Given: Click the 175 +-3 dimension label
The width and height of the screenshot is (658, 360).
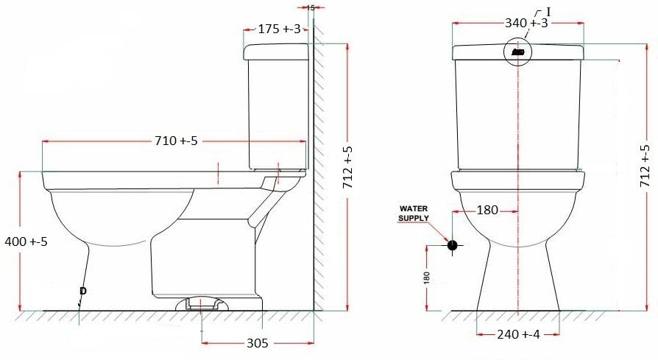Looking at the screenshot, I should pyautogui.click(x=280, y=29).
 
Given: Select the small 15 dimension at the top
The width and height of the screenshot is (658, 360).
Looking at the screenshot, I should pyautogui.click(x=310, y=7).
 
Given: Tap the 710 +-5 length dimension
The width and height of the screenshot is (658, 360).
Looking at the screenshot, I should pyautogui.click(x=176, y=140).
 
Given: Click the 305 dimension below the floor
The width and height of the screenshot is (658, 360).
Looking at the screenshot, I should pyautogui.click(x=257, y=343).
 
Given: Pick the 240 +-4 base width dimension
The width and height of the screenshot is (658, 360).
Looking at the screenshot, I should pyautogui.click(x=518, y=333).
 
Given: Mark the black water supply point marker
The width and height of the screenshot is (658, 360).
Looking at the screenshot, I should pyautogui.click(x=452, y=245).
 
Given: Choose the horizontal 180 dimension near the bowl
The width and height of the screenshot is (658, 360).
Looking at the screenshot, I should pyautogui.click(x=487, y=211).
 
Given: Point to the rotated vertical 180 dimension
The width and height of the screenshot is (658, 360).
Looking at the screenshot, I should pyautogui.click(x=427, y=278).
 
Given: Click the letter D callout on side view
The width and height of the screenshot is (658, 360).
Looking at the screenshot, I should pyautogui.click(x=82, y=292).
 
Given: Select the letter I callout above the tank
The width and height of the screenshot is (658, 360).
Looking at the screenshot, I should pyautogui.click(x=547, y=11).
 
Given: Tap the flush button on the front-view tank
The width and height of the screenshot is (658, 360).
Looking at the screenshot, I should pyautogui.click(x=518, y=52).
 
